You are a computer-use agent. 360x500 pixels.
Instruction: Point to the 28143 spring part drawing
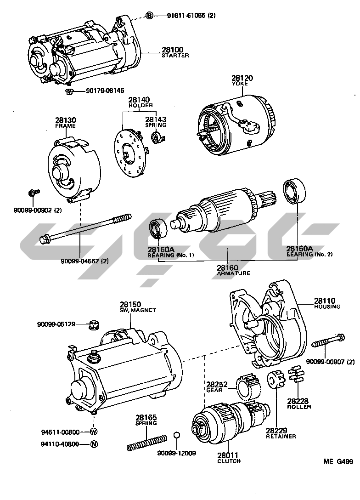pos(157,137)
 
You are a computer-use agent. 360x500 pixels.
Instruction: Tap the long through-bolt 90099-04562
pos(85,227)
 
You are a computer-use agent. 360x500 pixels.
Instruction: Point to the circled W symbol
pos(94,432)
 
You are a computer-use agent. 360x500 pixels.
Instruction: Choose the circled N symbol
pos(94,444)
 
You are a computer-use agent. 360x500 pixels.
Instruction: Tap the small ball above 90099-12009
pos(176,435)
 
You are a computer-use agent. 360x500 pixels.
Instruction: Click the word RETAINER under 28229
pos(281,436)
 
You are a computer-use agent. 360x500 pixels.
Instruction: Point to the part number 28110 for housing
pos(325,301)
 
